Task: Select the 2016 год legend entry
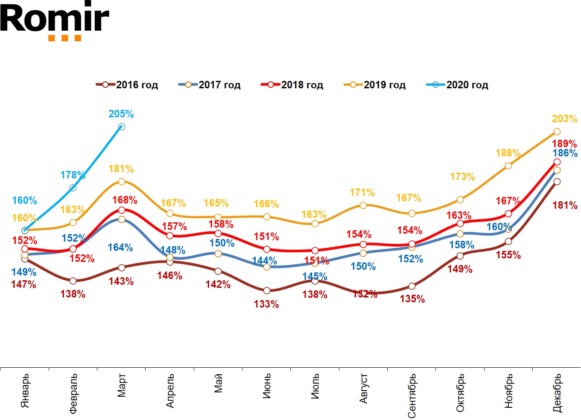coord(127,85)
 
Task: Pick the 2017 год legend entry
coord(210,85)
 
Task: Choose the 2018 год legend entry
coord(292,85)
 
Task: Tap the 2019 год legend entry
coord(374,85)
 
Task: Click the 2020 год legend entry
coord(457,85)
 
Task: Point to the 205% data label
coord(121,114)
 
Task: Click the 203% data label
coord(564,119)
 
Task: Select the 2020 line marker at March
coord(121,127)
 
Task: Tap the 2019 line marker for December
coord(557,132)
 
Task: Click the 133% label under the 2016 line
coord(266,304)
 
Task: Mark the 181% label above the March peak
coord(121,169)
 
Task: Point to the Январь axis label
coord(25,391)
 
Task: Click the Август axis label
coord(364,389)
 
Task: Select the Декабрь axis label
coord(557,393)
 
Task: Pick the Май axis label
coord(218,383)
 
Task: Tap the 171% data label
coord(362,193)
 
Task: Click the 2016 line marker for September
coord(412,286)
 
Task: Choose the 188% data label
coord(508,153)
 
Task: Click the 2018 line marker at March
coord(121,210)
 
